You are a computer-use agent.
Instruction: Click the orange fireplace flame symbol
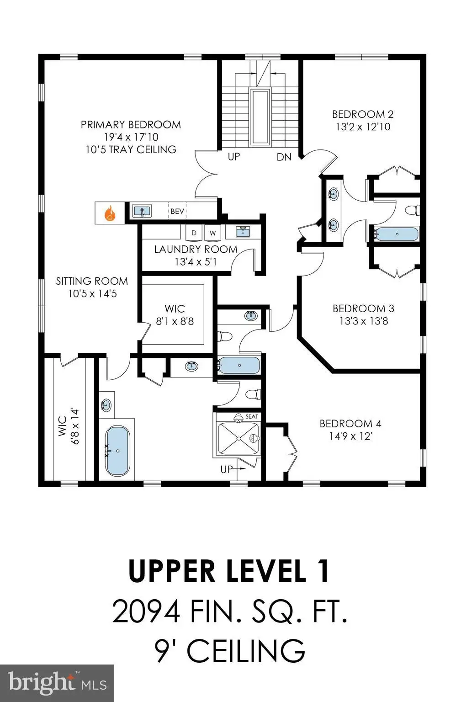[x=110, y=213]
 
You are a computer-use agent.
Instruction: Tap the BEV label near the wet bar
[x=177, y=211]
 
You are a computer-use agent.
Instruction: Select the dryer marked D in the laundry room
[x=194, y=233]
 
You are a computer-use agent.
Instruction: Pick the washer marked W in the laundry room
[x=213, y=233]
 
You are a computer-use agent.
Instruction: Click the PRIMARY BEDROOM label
[x=131, y=124]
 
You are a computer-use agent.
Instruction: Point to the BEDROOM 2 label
[x=363, y=114]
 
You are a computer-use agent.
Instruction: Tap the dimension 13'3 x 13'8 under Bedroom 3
[x=364, y=321]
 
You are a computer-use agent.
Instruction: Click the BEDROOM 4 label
[x=350, y=423]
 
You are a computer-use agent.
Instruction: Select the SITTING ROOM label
[x=92, y=281]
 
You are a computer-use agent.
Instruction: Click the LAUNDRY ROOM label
[x=196, y=250]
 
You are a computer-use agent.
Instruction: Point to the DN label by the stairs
[x=284, y=157]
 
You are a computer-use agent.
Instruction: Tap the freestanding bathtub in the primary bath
[x=117, y=451]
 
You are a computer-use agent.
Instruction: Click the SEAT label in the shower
[x=252, y=416]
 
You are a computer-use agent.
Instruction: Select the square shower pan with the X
[x=238, y=438]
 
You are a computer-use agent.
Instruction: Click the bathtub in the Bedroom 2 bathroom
[x=397, y=234]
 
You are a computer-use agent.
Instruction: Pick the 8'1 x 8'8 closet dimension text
[x=175, y=321]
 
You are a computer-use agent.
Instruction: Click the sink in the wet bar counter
[x=142, y=211]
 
